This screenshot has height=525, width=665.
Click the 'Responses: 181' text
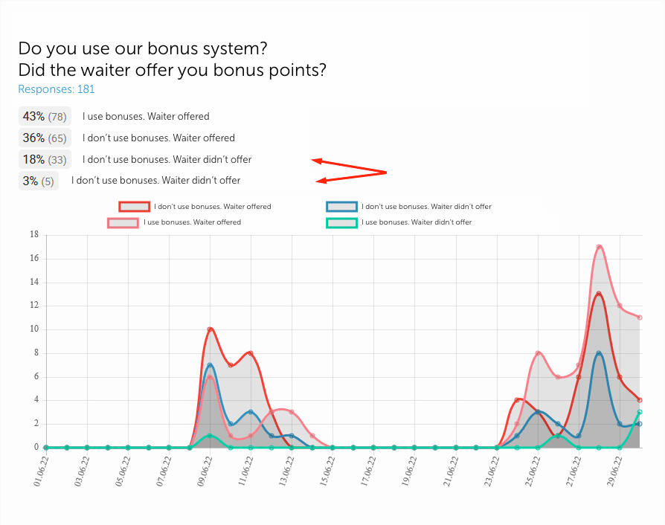pos(57,89)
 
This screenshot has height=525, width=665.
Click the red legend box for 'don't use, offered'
pos(135,207)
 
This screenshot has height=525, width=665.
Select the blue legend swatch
pos(341,207)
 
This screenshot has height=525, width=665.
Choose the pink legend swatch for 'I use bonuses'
pos(123,222)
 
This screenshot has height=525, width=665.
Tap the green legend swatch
pos(341,222)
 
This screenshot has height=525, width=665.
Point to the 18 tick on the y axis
pos(34,235)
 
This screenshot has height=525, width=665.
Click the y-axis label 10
pos(34,329)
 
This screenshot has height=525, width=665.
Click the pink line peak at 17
pos(599,247)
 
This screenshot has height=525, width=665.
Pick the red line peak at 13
pos(599,294)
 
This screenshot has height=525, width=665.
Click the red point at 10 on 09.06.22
pos(211,329)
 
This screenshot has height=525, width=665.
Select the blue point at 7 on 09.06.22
pos(211,365)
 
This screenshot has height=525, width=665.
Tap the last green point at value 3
pos(640,412)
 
